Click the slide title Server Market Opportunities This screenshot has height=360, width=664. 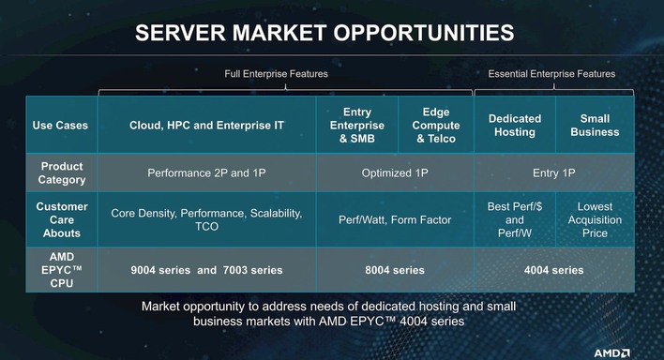click(x=324, y=34)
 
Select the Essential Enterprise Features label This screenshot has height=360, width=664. click(x=551, y=74)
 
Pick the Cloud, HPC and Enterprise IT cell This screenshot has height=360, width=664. click(x=206, y=125)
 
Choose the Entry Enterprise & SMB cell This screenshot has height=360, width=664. click(x=357, y=126)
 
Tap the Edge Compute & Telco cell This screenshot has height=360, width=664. click(x=437, y=126)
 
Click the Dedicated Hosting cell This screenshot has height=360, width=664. click(x=515, y=126)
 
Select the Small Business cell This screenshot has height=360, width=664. click(x=595, y=126)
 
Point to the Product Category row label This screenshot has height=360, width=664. click(x=63, y=172)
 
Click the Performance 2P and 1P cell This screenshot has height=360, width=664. click(x=206, y=172)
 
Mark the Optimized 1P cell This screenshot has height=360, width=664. click(x=395, y=172)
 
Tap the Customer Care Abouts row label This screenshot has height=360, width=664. click(x=63, y=219)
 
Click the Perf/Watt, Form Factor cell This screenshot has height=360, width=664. click(x=395, y=220)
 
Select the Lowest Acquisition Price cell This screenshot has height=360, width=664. click(x=595, y=219)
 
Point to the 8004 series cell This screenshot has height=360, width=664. click(x=395, y=270)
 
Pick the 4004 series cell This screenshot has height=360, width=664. click(x=554, y=270)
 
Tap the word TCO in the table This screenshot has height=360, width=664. click(x=206, y=227)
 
